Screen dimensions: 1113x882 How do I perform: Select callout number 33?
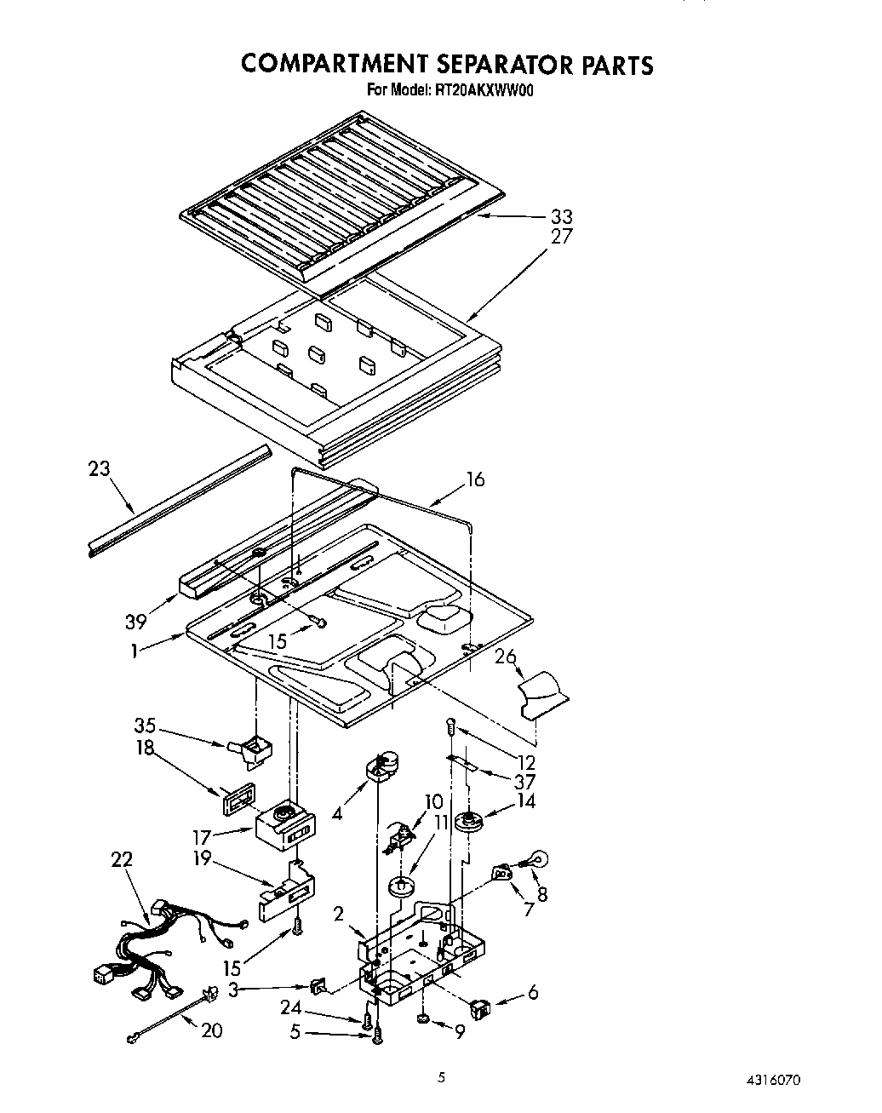click(562, 216)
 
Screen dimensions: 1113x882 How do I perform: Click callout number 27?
click(562, 237)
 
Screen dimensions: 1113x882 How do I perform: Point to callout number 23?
click(100, 468)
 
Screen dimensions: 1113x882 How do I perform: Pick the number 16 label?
click(475, 479)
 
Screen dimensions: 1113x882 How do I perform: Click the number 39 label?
click(136, 622)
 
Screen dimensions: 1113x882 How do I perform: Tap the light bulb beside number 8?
click(538, 862)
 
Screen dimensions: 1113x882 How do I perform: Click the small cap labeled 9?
click(422, 1019)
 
